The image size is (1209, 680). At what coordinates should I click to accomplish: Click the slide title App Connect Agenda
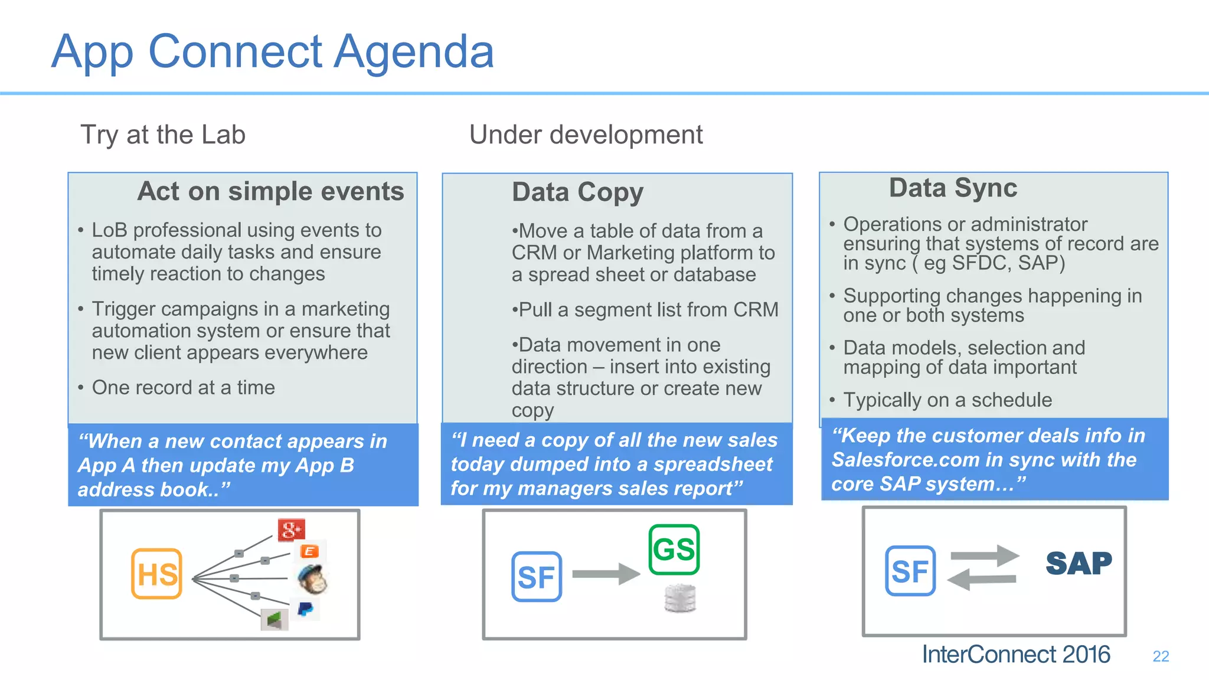click(x=272, y=52)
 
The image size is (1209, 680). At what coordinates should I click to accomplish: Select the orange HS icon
click(x=156, y=574)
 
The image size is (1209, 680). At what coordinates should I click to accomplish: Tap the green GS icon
click(x=674, y=549)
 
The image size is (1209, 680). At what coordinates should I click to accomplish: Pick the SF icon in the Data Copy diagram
click(x=536, y=577)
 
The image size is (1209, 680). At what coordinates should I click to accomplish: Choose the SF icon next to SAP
click(x=910, y=571)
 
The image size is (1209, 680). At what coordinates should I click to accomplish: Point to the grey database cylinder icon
click(x=680, y=599)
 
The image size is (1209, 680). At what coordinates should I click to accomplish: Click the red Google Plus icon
click(x=291, y=529)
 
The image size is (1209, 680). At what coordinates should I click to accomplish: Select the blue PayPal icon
click(x=305, y=609)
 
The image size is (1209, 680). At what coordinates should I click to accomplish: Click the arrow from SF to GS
click(x=606, y=573)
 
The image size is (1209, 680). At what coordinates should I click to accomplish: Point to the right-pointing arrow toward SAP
click(x=985, y=555)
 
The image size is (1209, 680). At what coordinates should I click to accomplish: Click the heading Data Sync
click(x=953, y=188)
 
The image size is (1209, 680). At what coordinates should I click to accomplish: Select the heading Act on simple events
click(x=270, y=191)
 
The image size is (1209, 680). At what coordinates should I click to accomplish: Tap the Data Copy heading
click(x=577, y=192)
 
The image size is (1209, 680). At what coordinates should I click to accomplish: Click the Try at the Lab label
click(x=162, y=135)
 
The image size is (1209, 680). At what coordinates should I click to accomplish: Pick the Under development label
click(x=586, y=135)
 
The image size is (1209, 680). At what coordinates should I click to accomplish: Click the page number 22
click(x=1160, y=656)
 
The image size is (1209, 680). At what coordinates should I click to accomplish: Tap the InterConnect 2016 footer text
click(x=1015, y=655)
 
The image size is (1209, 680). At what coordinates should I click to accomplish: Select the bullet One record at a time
click(x=183, y=388)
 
